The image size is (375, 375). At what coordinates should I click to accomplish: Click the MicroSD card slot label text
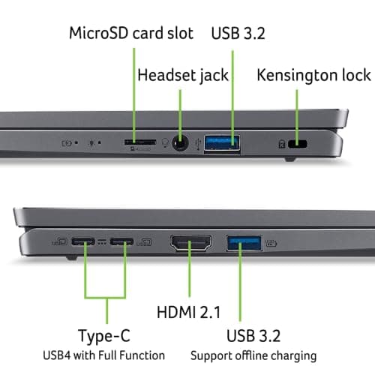tap(131, 33)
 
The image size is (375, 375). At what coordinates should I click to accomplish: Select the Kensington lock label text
tap(313, 75)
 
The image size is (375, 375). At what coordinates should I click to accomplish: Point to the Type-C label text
tap(112, 334)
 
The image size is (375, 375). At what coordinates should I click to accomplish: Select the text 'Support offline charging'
tap(253, 355)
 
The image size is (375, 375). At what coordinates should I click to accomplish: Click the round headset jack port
tap(181, 142)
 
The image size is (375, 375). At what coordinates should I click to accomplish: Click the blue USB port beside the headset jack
tap(223, 141)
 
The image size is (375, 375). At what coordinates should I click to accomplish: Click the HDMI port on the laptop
tap(190, 243)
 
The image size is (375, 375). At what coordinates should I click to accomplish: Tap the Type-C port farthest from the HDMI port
tap(83, 242)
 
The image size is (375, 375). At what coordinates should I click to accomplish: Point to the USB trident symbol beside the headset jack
tap(196, 141)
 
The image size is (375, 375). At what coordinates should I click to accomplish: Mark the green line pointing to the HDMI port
tap(190, 277)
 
